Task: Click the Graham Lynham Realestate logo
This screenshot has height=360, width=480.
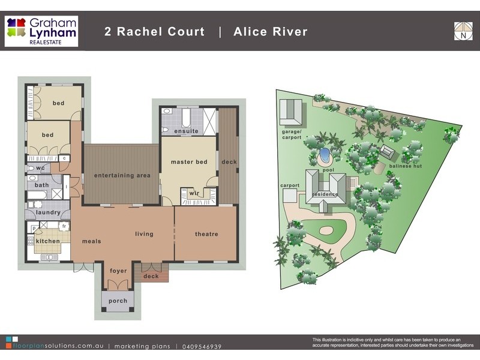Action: click(x=41, y=31)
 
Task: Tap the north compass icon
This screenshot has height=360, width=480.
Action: click(x=463, y=31)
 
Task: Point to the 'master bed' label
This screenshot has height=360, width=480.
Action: click(x=189, y=162)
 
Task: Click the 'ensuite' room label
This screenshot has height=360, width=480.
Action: click(x=186, y=131)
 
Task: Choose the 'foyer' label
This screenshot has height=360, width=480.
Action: click(x=118, y=271)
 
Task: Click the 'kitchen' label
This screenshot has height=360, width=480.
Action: click(x=47, y=241)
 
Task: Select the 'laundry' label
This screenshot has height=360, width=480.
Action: click(x=47, y=212)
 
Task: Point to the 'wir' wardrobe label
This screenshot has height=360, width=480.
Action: click(x=194, y=193)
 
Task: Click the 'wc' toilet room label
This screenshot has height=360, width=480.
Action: click(x=41, y=168)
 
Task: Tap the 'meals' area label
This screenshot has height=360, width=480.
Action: click(x=91, y=241)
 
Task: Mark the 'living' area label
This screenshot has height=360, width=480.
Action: click(x=144, y=234)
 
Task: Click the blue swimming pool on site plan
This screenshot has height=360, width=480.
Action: click(x=325, y=156)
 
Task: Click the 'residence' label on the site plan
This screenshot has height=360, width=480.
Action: click(x=325, y=194)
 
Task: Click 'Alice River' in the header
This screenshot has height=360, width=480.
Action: click(x=271, y=32)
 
